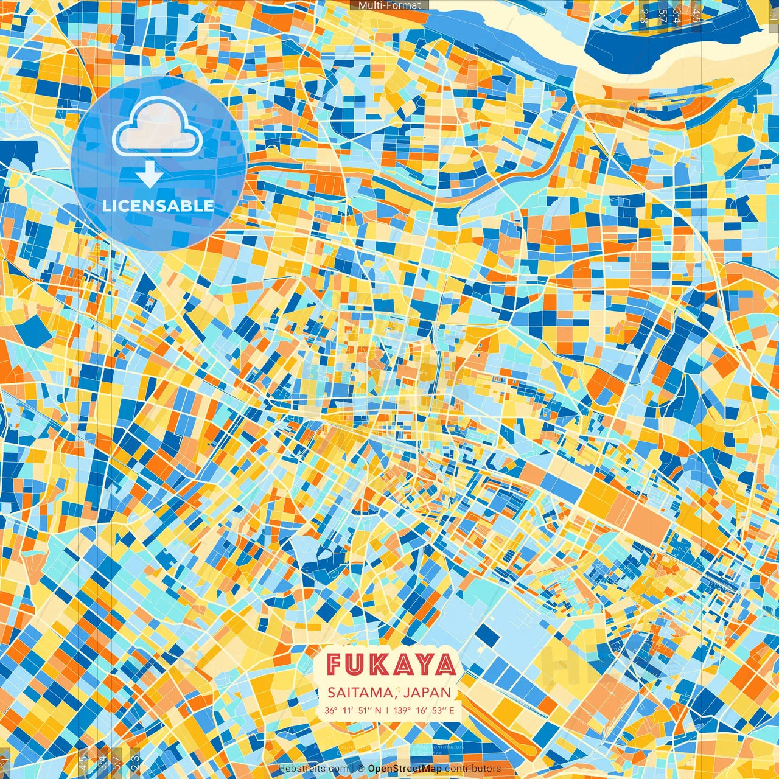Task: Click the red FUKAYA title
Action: coord(391,665)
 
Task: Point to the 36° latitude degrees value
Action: coord(331,710)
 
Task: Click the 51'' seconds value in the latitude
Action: coord(364,710)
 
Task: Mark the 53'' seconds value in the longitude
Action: coord(439,710)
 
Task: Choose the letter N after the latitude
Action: coord(378,710)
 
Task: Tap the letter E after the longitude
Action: coord(451,710)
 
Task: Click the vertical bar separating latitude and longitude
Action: coord(386,710)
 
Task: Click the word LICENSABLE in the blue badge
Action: coord(158,206)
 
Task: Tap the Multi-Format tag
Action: coord(389,5)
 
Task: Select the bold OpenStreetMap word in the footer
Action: coord(405,769)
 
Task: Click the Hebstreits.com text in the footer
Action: coord(313,769)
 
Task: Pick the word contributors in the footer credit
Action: coord(473,769)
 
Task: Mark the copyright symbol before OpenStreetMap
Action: coord(360,769)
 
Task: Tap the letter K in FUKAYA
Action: coord(382,665)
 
